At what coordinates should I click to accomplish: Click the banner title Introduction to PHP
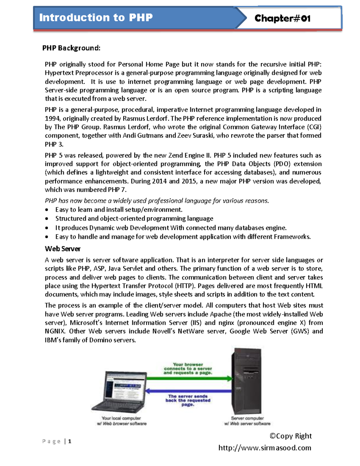(x=96, y=17)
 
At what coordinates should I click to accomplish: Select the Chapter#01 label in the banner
(x=282, y=19)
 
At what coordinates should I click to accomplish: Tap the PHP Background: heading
(x=71, y=48)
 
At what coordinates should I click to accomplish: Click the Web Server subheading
(x=63, y=249)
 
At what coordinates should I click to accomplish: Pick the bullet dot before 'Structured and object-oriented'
(x=47, y=219)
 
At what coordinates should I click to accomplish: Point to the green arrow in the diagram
(x=189, y=379)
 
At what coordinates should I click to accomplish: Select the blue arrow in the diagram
(x=189, y=391)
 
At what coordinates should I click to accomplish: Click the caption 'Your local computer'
(x=121, y=418)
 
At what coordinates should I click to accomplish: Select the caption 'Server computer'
(x=247, y=418)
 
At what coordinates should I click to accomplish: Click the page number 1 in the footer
(x=70, y=441)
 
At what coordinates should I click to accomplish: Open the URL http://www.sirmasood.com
(x=265, y=448)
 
